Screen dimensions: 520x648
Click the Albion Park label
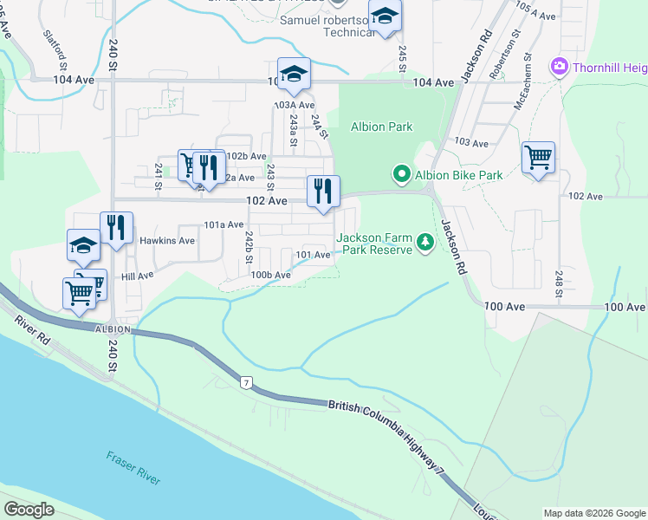tap(381, 127)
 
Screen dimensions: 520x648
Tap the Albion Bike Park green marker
tap(401, 175)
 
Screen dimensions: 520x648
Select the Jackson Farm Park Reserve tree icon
tap(424, 242)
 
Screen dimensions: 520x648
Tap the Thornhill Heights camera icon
tap(559, 66)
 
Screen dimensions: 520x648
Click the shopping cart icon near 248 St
tap(538, 158)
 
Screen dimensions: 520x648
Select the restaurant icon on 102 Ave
tap(323, 192)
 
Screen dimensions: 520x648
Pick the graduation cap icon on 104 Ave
tap(294, 74)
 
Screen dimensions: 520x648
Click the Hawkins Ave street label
tap(168, 240)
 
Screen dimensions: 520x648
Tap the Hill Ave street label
tap(137, 275)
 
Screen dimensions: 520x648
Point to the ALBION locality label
tap(113, 329)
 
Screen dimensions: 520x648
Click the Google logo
tap(29, 510)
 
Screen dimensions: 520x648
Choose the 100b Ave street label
tap(270, 275)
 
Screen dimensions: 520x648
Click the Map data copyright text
tap(594, 513)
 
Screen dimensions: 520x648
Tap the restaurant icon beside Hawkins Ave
tap(116, 228)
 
